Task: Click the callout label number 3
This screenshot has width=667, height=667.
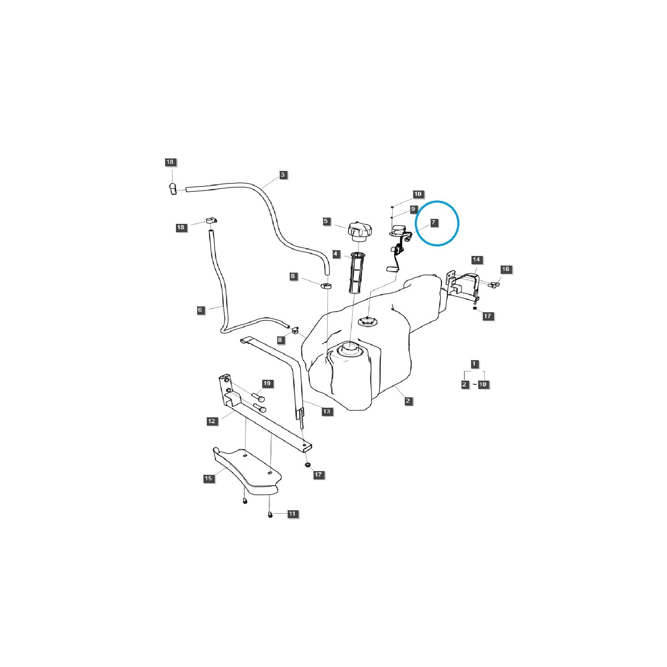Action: (283, 175)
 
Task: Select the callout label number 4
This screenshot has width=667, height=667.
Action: (336, 254)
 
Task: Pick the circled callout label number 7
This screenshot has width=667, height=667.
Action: (433, 222)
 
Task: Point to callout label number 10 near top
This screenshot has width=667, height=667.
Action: (418, 194)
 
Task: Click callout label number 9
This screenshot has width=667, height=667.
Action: (413, 209)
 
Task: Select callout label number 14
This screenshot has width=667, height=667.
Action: (476, 259)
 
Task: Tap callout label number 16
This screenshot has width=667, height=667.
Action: (505, 269)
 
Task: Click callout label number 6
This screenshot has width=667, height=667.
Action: (200, 310)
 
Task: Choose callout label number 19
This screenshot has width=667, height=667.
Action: (267, 383)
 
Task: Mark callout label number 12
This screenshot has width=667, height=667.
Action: (211, 421)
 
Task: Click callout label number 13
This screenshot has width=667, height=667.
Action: (326, 411)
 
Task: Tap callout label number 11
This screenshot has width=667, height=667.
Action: (292, 514)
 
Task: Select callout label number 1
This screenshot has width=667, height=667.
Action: (474, 364)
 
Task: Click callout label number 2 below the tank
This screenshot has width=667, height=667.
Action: (408, 401)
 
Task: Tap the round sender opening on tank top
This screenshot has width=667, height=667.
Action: (367, 321)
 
